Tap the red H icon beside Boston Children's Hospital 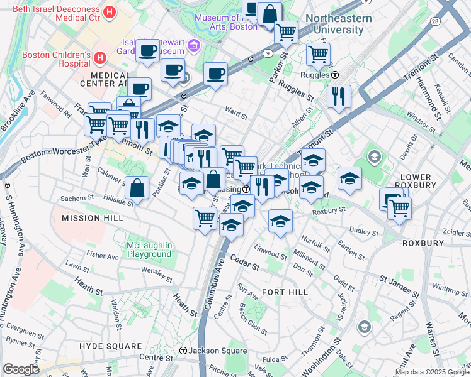[x=99, y=58]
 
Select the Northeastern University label [x=339, y=24]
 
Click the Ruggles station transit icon [x=335, y=74]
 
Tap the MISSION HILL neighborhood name [x=89, y=218]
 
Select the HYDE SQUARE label [x=110, y=346]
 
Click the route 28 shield [x=435, y=21]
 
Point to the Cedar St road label [x=244, y=262]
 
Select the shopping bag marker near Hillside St [x=137, y=187]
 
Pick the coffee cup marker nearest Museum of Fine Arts [x=216, y=74]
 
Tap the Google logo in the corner [x=21, y=369]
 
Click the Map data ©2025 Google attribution [x=432, y=372]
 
